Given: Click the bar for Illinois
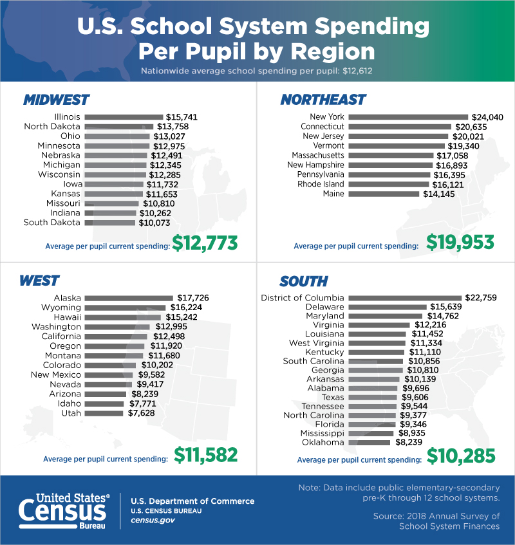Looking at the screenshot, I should (124, 117).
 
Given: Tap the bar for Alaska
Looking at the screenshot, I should (129, 298).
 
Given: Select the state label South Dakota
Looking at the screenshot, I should (51, 223).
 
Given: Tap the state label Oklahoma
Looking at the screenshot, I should (324, 443).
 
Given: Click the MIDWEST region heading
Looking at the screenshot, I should (56, 100).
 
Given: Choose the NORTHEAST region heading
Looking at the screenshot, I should (323, 100).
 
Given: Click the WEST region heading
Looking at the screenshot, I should (39, 281).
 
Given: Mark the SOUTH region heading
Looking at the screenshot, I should (303, 281).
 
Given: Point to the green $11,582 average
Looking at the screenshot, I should (206, 454).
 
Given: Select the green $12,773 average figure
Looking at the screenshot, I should (205, 243).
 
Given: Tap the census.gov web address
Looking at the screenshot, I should (153, 520).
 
